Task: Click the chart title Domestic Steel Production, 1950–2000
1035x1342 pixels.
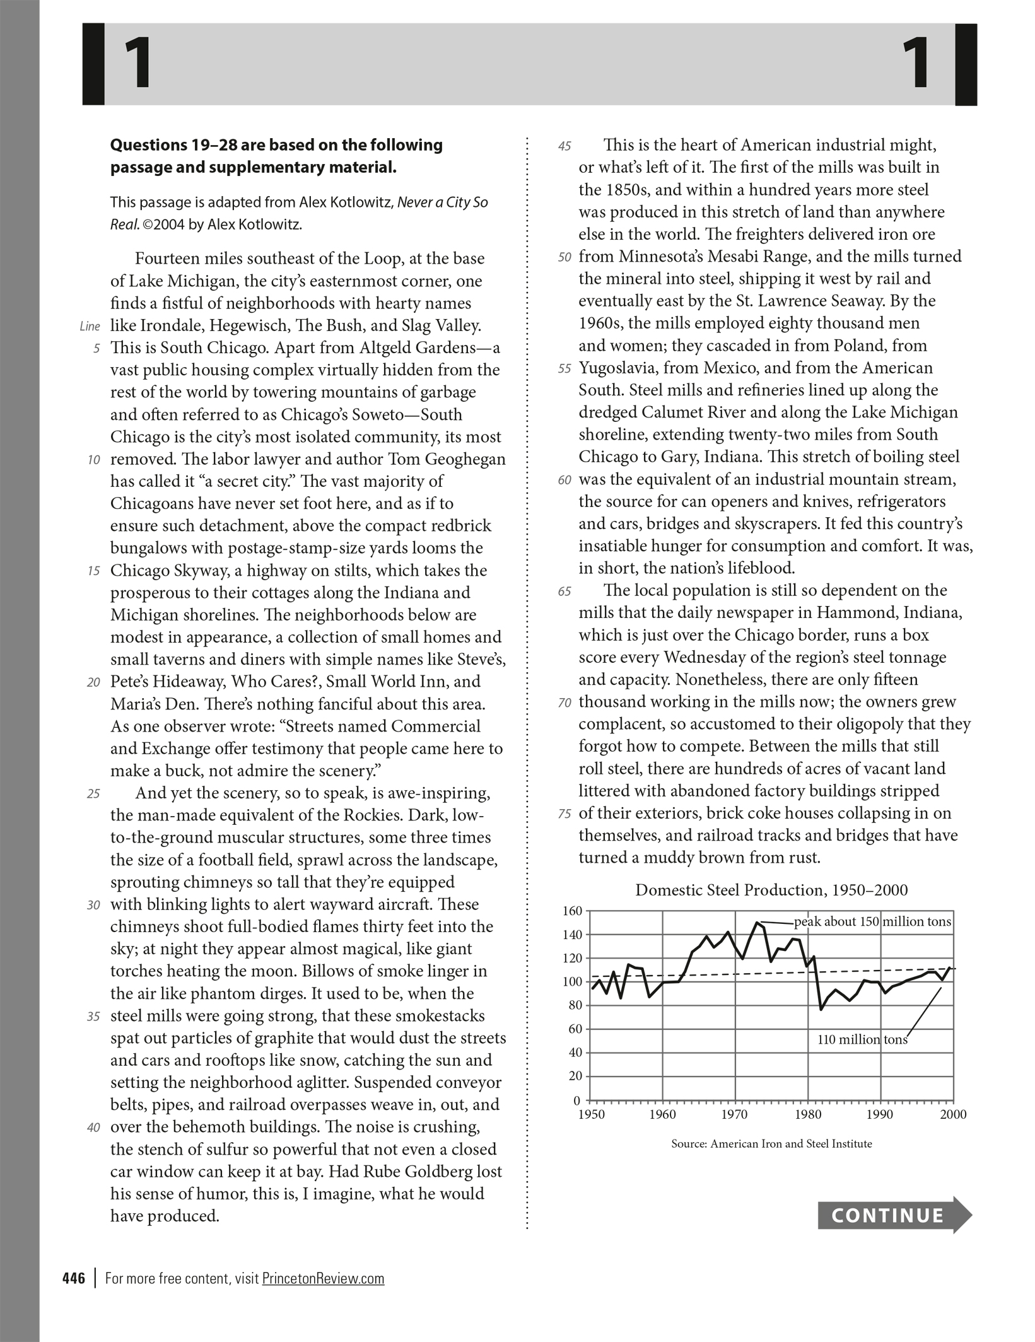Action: pos(771,890)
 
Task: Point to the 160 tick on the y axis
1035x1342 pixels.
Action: pos(572,911)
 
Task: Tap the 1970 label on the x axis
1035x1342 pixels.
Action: pos(735,1114)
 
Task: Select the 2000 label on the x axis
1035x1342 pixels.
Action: pos(952,1114)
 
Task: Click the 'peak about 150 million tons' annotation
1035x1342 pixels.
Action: pos(872,922)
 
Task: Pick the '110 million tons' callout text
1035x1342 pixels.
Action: pos(862,1040)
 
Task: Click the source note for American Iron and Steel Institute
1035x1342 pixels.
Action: pos(771,1143)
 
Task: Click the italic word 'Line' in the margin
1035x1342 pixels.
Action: pos(90,327)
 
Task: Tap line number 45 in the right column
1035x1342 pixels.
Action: pos(564,146)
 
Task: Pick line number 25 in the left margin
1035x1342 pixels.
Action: pos(93,794)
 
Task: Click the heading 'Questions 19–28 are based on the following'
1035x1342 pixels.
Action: pos(276,145)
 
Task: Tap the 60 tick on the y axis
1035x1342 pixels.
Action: pos(574,1029)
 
